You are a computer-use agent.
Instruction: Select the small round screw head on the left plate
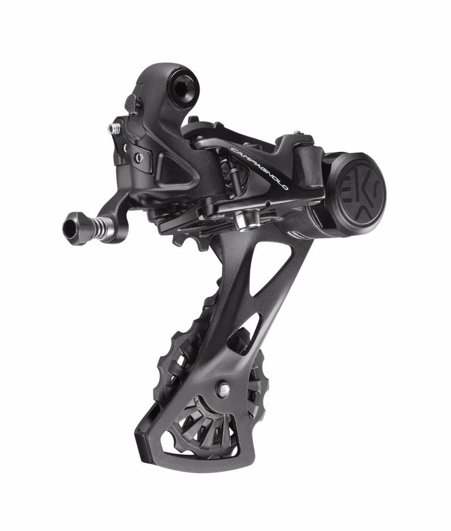(139, 156)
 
